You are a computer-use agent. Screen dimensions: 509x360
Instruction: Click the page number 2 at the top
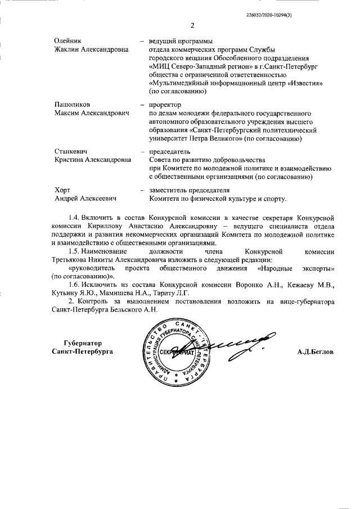(192, 25)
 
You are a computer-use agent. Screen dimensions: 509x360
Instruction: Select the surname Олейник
(67, 41)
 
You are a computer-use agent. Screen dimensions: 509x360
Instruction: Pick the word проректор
(165, 105)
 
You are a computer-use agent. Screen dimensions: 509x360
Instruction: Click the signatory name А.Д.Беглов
(316, 352)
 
